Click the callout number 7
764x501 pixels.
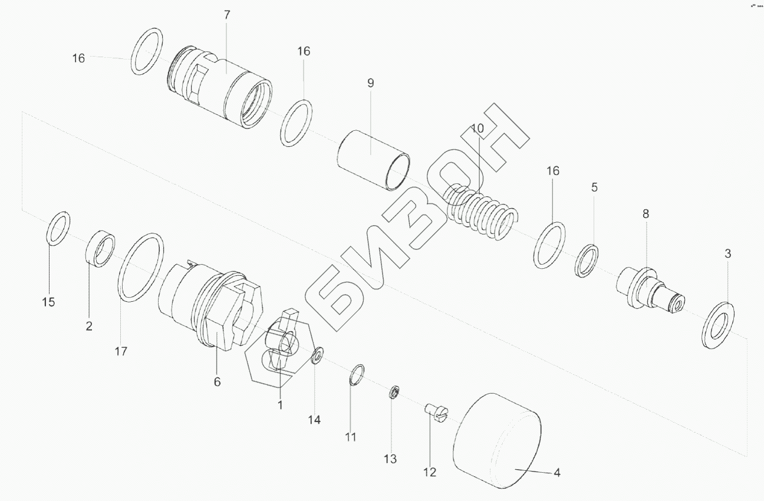[228, 15]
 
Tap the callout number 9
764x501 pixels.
[370, 83]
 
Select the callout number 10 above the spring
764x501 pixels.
[477, 128]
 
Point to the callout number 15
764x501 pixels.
[48, 302]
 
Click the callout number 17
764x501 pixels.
[121, 352]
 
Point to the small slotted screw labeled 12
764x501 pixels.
[436, 411]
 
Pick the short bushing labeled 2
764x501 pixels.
[101, 250]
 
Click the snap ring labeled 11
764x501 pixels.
[357, 375]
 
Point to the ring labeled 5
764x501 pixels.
[587, 261]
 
